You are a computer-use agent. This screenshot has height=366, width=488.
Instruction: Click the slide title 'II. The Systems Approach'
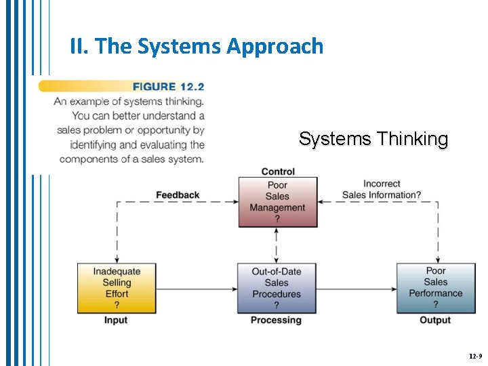[197, 46]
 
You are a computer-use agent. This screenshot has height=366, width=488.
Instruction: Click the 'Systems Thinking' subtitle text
[373, 139]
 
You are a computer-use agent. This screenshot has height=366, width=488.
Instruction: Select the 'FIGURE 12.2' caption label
[168, 87]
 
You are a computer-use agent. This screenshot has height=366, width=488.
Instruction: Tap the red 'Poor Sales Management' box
[277, 202]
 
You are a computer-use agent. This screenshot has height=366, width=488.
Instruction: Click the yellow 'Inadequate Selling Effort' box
[116, 288]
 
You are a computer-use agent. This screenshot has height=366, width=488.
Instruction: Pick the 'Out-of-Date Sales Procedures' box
[277, 288]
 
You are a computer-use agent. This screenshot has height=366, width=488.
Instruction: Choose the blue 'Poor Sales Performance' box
[435, 287]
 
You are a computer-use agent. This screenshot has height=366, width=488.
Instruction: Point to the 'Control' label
[278, 171]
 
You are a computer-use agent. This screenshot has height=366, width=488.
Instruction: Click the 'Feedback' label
[178, 195]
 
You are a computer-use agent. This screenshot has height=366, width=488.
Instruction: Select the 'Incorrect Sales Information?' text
[382, 189]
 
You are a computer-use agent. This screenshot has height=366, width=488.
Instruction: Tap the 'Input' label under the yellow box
[116, 320]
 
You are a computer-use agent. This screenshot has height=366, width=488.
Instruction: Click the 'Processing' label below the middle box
[277, 320]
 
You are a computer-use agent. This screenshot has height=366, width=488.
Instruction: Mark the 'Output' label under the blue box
[435, 320]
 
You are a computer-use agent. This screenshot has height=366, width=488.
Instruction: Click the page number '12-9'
[474, 356]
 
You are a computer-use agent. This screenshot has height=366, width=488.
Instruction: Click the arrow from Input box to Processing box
[196, 289]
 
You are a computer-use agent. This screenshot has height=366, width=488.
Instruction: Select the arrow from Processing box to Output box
[357, 289]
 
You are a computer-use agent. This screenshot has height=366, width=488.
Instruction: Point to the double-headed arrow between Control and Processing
[277, 245]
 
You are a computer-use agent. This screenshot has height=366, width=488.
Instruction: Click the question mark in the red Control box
[277, 219]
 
